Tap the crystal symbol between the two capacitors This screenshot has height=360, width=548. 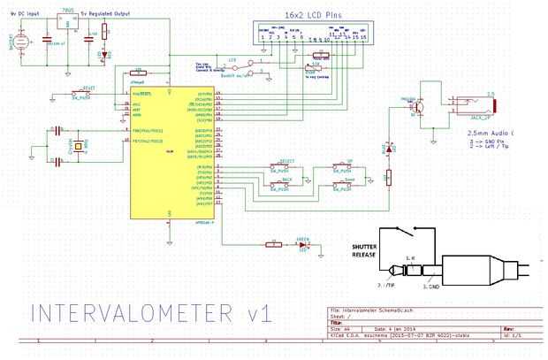pos(78,148)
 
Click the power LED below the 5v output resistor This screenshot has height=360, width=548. pos(104,55)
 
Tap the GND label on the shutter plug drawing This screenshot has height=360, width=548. pos(434,287)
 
